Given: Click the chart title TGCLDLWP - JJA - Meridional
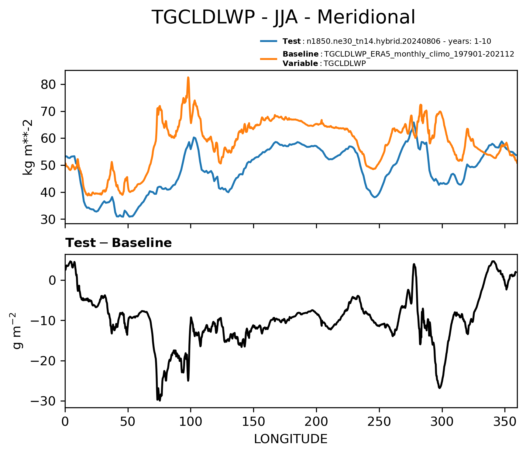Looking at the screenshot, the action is pos(283,17).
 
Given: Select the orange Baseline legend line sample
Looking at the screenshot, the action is pos(269,59).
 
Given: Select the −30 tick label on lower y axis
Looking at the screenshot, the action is pos(43,401).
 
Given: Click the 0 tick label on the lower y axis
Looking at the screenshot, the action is pos(53,280).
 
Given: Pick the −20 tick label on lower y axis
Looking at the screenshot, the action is pos(43,361).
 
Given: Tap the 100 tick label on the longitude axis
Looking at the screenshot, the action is pos(191,422).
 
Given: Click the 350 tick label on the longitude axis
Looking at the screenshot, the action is pos(505,422).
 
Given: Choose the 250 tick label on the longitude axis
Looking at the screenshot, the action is pos(379,422).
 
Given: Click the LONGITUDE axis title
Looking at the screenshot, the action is pos(291,439).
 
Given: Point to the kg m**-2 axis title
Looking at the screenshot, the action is pos(28,147).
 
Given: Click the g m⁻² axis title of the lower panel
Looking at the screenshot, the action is pos(18,331).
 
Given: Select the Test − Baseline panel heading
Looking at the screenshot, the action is pos(119,243).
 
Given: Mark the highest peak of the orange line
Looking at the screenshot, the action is pos(188,77).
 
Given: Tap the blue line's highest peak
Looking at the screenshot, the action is pos(414,122).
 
